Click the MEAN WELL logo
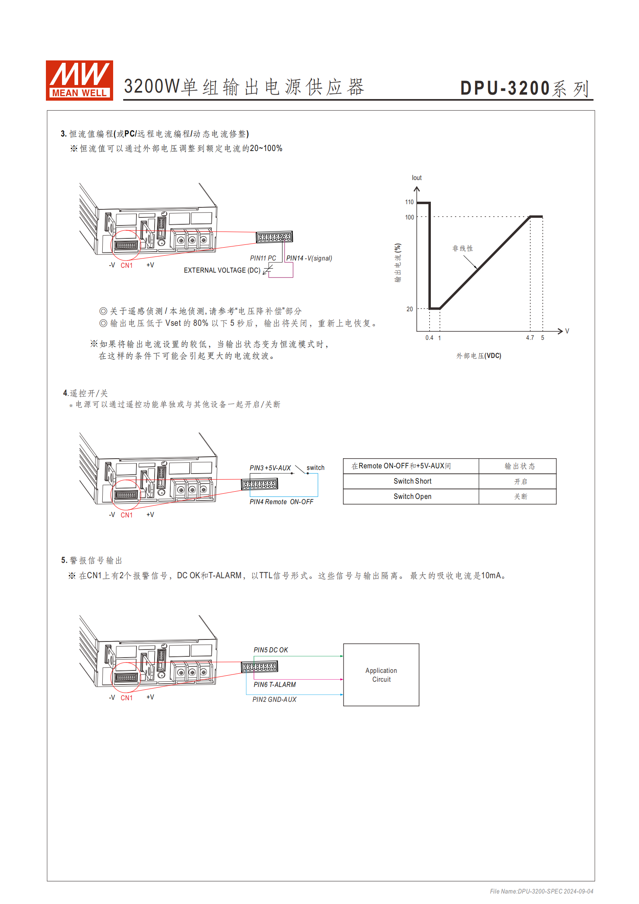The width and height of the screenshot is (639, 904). [79, 80]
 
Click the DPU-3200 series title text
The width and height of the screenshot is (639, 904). [525, 88]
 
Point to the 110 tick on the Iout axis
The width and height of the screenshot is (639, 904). [409, 202]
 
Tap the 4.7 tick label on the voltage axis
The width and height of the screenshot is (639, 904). [530, 338]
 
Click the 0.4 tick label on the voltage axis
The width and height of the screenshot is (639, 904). [429, 338]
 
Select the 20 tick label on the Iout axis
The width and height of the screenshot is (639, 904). [409, 309]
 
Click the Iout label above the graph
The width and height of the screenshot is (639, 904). [416, 178]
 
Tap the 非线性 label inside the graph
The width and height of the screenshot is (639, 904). [463, 248]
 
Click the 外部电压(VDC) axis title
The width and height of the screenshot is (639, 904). [479, 356]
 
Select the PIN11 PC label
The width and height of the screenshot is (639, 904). [263, 258]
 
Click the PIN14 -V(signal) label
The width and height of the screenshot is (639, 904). [309, 258]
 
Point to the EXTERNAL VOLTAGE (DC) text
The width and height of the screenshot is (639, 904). [222, 270]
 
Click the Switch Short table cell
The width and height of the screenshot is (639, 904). [412, 481]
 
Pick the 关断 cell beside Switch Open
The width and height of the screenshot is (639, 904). [520, 496]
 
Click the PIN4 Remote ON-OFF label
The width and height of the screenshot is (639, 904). [281, 502]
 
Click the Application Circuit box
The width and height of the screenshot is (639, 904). [381, 675]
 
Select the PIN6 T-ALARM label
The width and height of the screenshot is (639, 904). [275, 685]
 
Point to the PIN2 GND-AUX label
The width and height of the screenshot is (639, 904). [274, 699]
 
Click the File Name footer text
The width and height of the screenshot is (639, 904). [541, 891]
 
